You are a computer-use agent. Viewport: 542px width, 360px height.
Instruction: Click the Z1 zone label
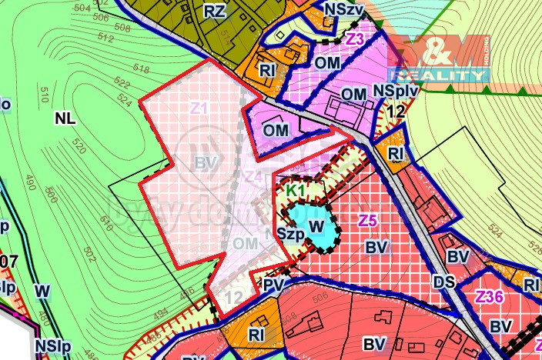(199, 108)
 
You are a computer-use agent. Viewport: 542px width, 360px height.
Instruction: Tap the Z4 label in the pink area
(253, 177)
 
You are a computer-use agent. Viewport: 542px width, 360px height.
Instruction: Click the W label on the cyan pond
(316, 227)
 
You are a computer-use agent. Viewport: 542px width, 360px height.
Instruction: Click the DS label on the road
(443, 282)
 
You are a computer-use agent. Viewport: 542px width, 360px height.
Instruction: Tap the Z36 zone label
(490, 298)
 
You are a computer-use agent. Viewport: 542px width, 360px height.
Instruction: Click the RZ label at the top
(214, 11)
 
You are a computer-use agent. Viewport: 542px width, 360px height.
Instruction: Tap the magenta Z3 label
(354, 38)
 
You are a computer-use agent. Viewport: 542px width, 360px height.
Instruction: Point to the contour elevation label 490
(30, 182)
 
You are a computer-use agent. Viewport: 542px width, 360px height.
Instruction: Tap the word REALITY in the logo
(438, 75)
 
